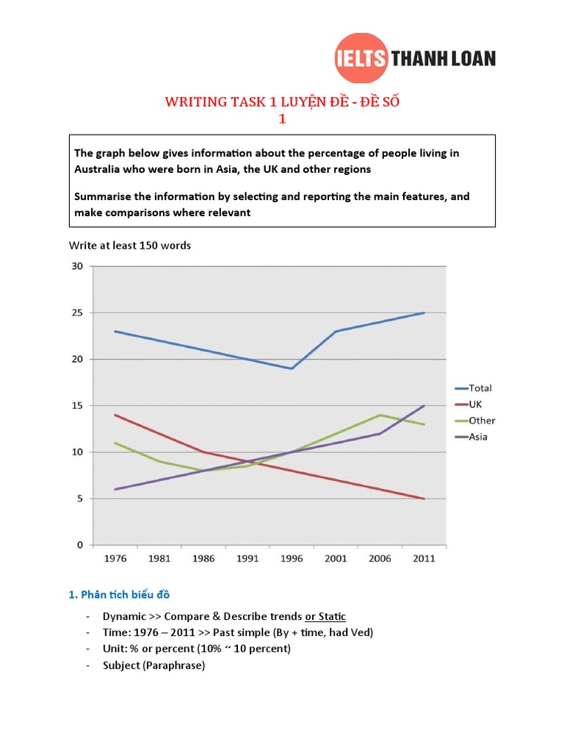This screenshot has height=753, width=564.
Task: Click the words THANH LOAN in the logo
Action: pyautogui.click(x=444, y=58)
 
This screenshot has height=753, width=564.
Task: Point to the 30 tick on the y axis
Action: pyautogui.click(x=77, y=266)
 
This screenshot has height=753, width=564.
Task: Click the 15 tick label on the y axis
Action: pyautogui.click(x=77, y=406)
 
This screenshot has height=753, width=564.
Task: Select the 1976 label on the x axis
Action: pyautogui.click(x=115, y=558)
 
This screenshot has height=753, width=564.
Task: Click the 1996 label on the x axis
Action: pyautogui.click(x=292, y=558)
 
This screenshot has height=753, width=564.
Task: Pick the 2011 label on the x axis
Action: pyautogui.click(x=424, y=558)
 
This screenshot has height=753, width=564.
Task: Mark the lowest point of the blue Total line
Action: pyautogui.click(x=292, y=368)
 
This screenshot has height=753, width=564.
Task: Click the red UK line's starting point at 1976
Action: pyautogui.click(x=115, y=415)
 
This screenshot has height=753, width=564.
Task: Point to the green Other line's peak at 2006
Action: pyautogui.click(x=380, y=415)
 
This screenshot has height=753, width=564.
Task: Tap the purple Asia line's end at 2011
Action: pyautogui.click(x=424, y=406)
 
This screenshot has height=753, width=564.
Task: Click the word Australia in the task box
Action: pyautogui.click(x=99, y=169)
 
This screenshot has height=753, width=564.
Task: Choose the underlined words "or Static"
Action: pyautogui.click(x=325, y=616)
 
